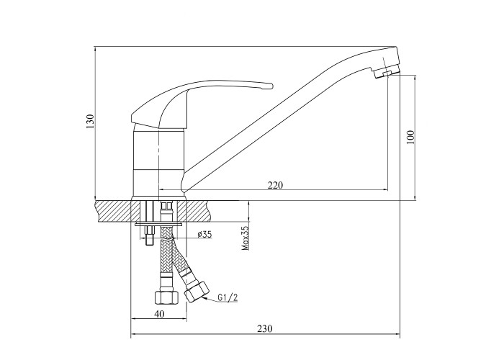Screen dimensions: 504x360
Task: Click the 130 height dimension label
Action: pos(90,122)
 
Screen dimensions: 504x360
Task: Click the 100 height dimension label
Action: pos(410,138)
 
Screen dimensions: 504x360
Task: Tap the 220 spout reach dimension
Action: pos(276,185)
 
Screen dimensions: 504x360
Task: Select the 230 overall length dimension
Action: pos(265,328)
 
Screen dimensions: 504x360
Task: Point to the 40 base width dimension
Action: pos(159,313)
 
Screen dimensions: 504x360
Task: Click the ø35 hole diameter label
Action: pos(204,234)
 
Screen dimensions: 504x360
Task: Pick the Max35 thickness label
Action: pos(246,238)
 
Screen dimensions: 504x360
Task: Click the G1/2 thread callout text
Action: pos(228,297)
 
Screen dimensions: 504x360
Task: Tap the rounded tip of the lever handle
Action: pos(271,86)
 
